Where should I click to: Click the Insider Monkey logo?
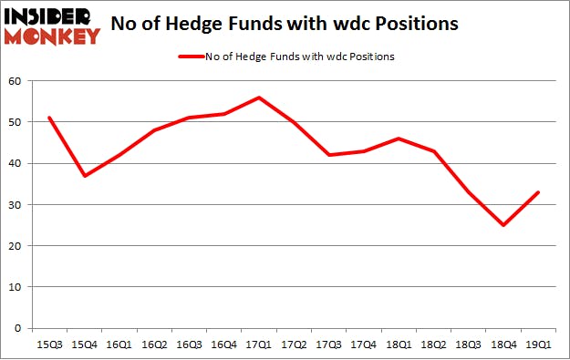pyautogui.click(x=52, y=26)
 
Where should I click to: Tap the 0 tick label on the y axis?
pyautogui.click(x=19, y=328)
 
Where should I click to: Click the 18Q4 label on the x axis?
pyautogui.click(x=503, y=344)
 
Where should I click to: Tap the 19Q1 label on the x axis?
pyautogui.click(x=538, y=344)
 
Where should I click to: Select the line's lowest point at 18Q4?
pyautogui.click(x=503, y=225)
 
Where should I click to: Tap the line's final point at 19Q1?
pyautogui.click(x=538, y=192)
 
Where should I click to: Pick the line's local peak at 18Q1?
pyautogui.click(x=398, y=139)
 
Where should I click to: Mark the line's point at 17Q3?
pyautogui.click(x=328, y=155)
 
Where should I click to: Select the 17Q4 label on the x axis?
pyautogui.click(x=363, y=344)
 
